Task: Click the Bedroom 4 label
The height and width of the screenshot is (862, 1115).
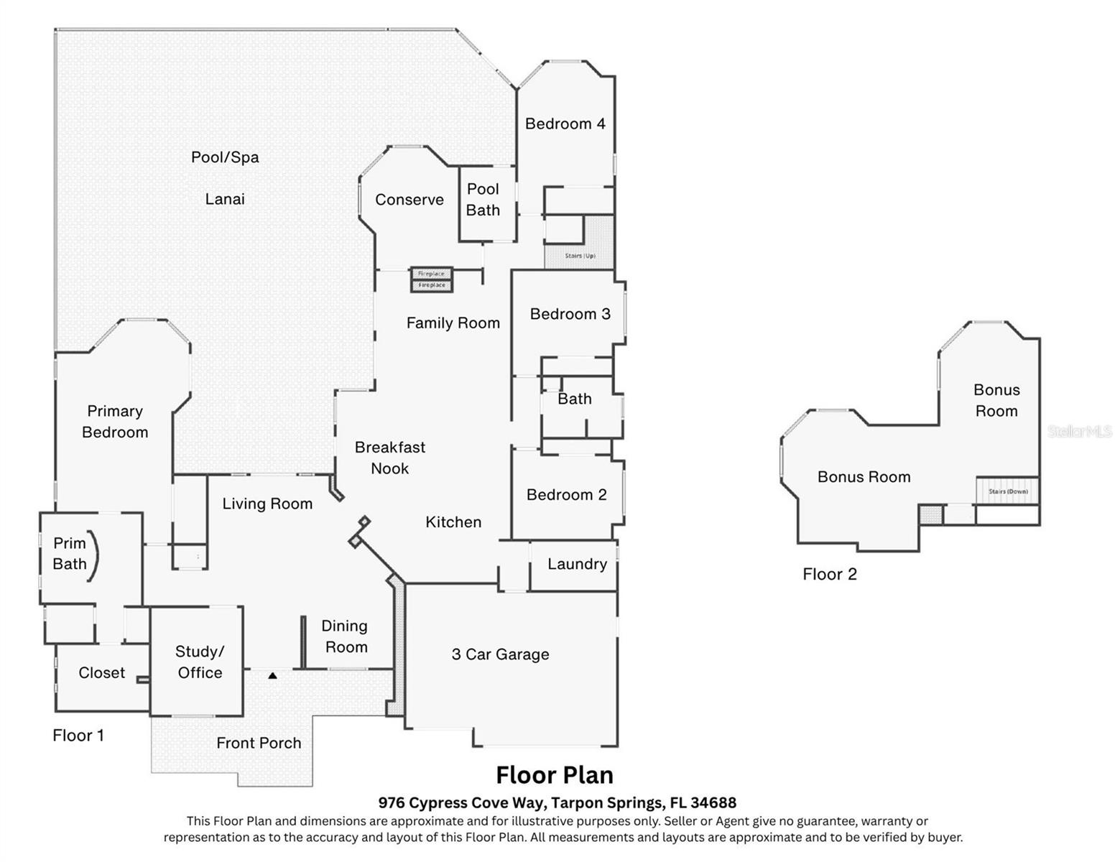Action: pos(565,124)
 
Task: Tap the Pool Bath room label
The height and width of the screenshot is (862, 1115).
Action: pos(483,200)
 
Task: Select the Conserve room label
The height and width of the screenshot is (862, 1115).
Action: pos(409,200)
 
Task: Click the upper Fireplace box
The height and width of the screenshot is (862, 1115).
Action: pos(431,274)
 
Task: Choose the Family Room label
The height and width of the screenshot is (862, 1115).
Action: pos(453,323)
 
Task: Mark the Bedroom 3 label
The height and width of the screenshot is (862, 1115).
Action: pos(570,314)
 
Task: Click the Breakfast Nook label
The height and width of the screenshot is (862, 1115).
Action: pos(390,458)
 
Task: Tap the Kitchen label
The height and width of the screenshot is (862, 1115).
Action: pos(453,522)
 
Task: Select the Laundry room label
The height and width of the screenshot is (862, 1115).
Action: pos(577,564)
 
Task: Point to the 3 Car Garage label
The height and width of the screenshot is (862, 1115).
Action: pos(500,654)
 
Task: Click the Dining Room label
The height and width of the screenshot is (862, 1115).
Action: pos(346,636)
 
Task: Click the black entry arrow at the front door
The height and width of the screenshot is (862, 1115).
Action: pos(272,675)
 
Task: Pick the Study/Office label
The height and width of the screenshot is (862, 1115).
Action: pos(200,662)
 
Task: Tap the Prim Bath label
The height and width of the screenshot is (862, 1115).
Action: pos(70,554)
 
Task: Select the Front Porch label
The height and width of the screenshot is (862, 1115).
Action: pos(259,743)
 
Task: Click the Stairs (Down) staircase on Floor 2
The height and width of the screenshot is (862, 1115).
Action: pos(1007,491)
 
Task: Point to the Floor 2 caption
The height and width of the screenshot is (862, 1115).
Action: pos(830,574)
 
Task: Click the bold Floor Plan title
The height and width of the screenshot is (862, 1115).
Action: pos(555,775)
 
